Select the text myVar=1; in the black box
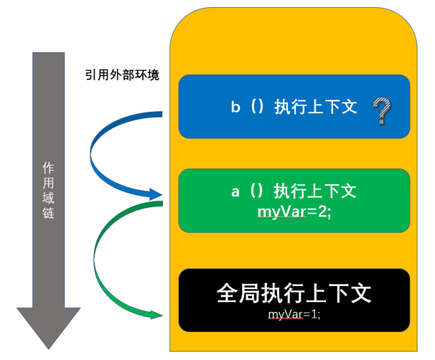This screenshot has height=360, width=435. pyautogui.click(x=294, y=314)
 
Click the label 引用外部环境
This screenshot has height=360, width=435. pyautogui.click(x=122, y=75)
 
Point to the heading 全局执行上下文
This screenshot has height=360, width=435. pyautogui.click(x=294, y=293)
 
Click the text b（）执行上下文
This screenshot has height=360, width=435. pyautogui.click(x=294, y=107)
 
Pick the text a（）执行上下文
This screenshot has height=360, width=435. pyautogui.click(x=294, y=191)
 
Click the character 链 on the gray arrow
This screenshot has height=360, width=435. pyautogui.click(x=49, y=212)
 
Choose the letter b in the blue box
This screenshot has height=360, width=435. pyautogui.click(x=235, y=107)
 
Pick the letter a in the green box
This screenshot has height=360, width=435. pyautogui.click(x=236, y=192)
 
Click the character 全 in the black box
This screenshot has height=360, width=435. pyautogui.click(x=228, y=293)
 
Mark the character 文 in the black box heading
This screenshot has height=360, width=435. pyautogui.click(x=360, y=293)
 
